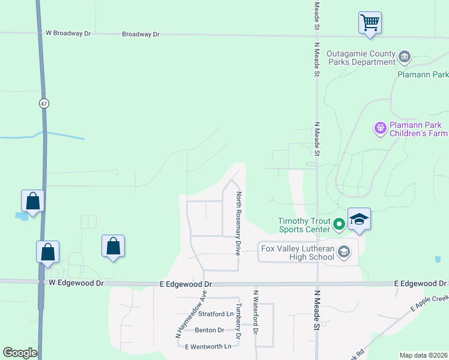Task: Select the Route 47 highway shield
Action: [x=44, y=104]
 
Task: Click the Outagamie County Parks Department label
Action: [x=361, y=58]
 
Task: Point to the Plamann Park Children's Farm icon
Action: [x=379, y=127]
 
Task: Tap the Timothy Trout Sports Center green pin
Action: [x=339, y=224]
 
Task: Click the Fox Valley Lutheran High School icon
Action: [x=344, y=252]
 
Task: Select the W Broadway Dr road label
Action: [x=68, y=33]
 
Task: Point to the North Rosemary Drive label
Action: [x=238, y=223]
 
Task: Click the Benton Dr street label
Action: [x=209, y=330]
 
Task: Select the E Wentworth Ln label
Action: [x=208, y=347]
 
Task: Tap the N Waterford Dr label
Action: [x=255, y=312]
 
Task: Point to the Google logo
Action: [x=20, y=353]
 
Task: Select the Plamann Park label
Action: [x=423, y=75]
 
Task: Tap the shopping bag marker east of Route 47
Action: [x=113, y=246]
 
